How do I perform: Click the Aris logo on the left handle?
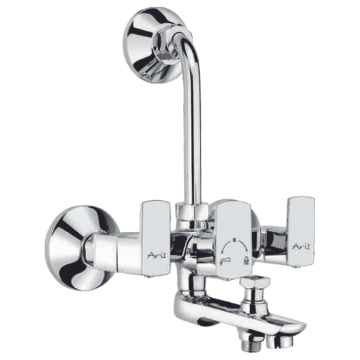click(156, 255)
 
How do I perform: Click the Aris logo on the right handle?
click(301, 247)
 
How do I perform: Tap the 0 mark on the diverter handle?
click(234, 240)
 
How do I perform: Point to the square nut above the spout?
click(255, 283)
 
